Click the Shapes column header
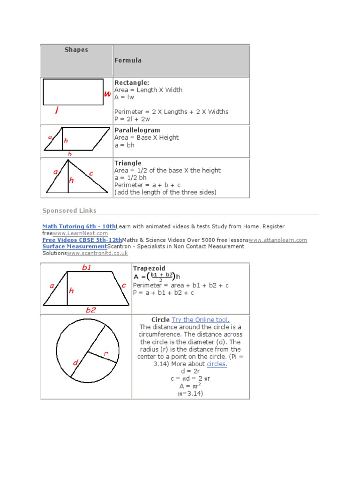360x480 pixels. (x=76, y=50)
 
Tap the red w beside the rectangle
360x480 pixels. (x=107, y=94)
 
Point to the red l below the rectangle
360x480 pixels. (x=56, y=111)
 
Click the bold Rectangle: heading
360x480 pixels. (x=132, y=82)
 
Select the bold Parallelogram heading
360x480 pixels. (x=137, y=130)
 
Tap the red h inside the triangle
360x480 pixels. (x=72, y=180)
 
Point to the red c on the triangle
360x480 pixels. (x=91, y=173)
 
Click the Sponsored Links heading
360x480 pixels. (x=69, y=210)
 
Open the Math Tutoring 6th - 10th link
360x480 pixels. (x=79, y=226)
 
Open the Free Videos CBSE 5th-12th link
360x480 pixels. (x=82, y=240)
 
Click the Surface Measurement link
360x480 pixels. (x=75, y=247)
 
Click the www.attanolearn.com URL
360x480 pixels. (x=278, y=240)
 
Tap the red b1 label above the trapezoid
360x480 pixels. (x=87, y=268)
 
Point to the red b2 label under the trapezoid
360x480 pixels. (x=91, y=310)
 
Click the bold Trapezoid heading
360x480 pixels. (x=149, y=268)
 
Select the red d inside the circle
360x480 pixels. (x=75, y=363)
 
